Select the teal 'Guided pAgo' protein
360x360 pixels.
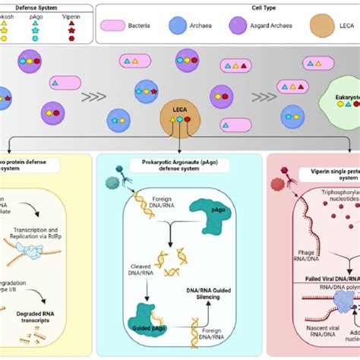click(x=144, y=313)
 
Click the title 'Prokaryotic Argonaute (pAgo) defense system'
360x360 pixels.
click(x=180, y=163)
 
